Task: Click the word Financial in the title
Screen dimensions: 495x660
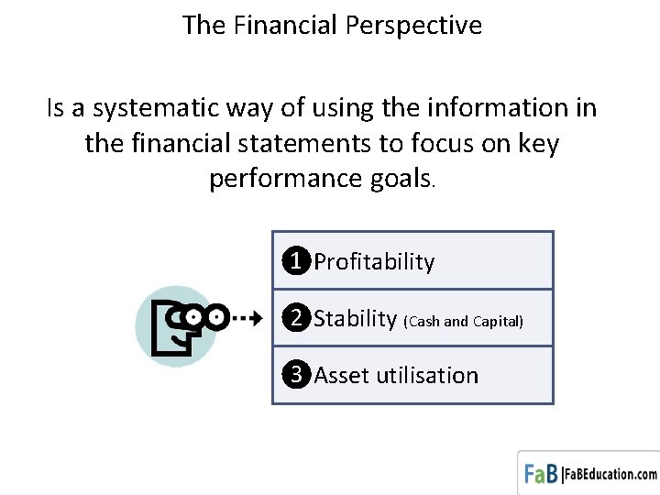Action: click(287, 26)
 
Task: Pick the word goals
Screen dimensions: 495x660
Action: click(401, 178)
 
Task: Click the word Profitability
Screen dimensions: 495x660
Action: click(374, 262)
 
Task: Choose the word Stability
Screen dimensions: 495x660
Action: click(355, 319)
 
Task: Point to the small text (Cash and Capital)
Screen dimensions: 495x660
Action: click(463, 321)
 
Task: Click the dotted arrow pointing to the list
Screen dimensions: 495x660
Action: click(245, 319)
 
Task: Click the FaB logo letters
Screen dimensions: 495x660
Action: click(541, 474)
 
